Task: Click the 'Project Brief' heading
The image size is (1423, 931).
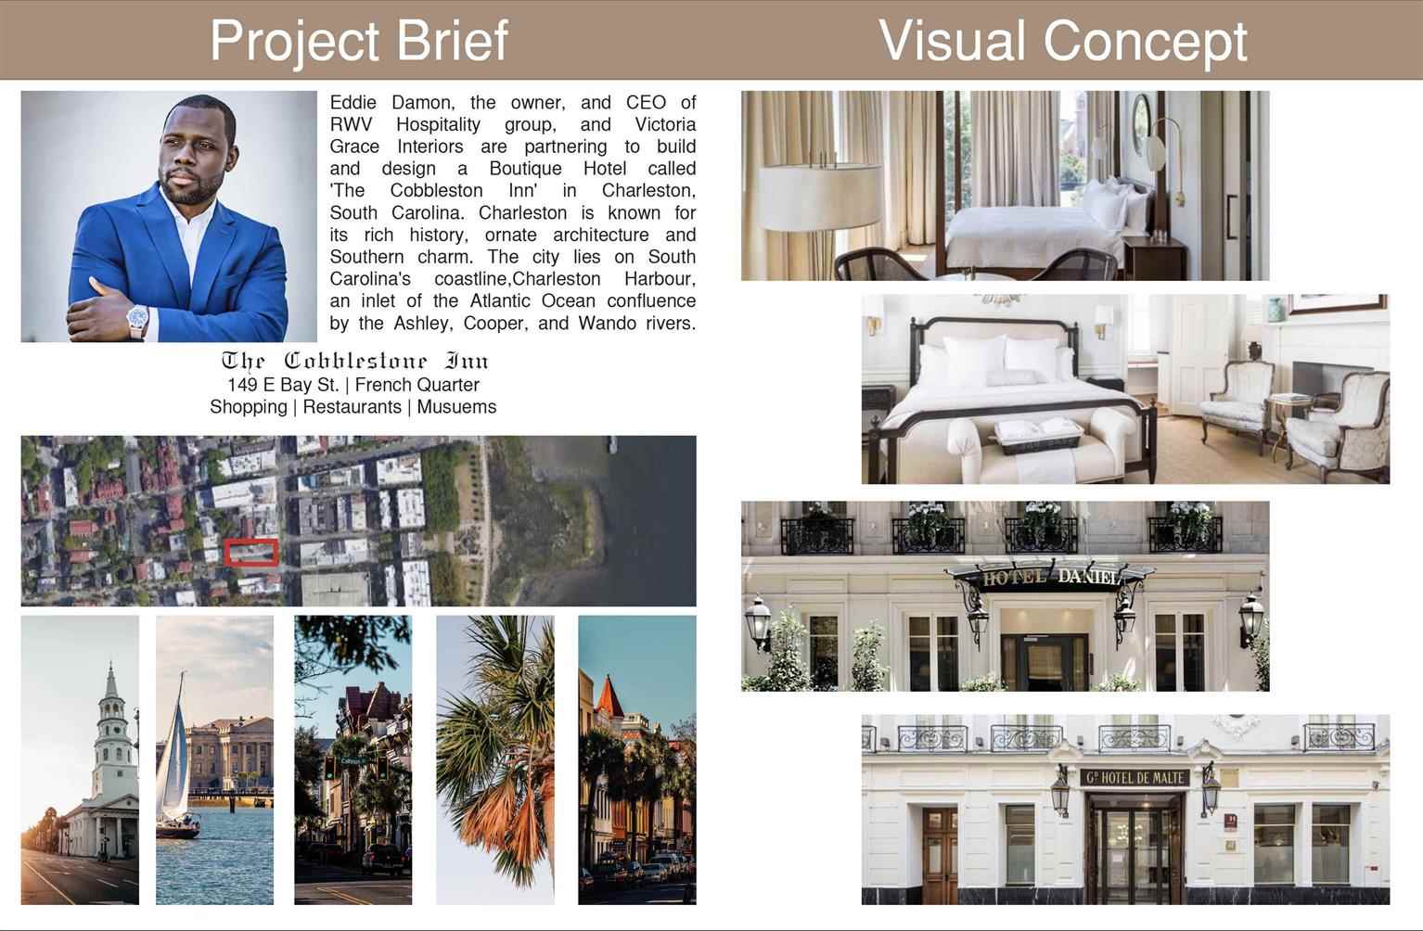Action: pos(359,42)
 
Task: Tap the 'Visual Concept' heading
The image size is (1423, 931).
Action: pos(1063,42)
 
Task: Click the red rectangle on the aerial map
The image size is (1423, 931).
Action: pos(251,553)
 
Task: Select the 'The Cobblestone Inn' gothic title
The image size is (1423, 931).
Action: pos(354,361)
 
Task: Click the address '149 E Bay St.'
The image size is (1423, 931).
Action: pos(283,385)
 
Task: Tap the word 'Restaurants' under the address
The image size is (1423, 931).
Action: pos(352,407)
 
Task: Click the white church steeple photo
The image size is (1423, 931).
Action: pos(80,759)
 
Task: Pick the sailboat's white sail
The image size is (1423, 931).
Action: pos(174,749)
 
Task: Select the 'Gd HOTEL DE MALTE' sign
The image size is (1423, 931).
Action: pos(1135,778)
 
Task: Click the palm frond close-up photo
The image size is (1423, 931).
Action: pos(494,759)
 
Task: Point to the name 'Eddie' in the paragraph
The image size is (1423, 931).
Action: pos(353,102)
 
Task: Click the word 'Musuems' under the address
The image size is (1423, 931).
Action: pos(456,407)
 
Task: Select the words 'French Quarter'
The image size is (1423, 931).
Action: pos(417,385)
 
